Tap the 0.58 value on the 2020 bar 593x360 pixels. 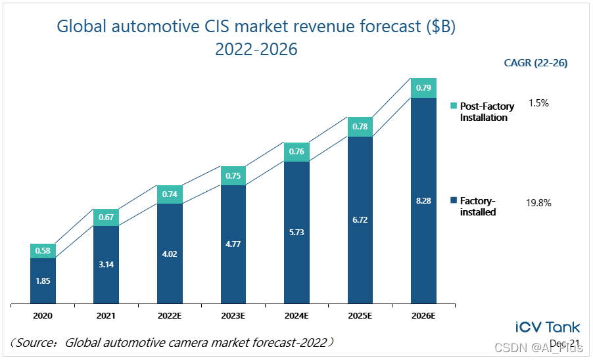coord(43,250)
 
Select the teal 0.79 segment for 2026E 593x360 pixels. coord(424,87)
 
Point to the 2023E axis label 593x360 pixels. coord(233,315)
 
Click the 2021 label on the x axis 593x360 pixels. coord(106,315)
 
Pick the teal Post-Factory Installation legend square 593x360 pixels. coord(453,105)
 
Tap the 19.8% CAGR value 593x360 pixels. coord(538,203)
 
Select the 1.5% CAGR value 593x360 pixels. coord(538,103)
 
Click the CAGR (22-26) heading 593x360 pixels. coord(535,63)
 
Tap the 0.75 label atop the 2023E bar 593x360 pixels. coord(233,175)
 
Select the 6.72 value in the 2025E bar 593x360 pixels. coord(360,219)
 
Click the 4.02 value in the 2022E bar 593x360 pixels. coord(170,254)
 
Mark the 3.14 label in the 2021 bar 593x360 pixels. coord(106,265)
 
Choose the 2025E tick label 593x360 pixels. coord(360,315)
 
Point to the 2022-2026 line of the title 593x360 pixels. coord(256,49)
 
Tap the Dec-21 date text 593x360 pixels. coord(563,344)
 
